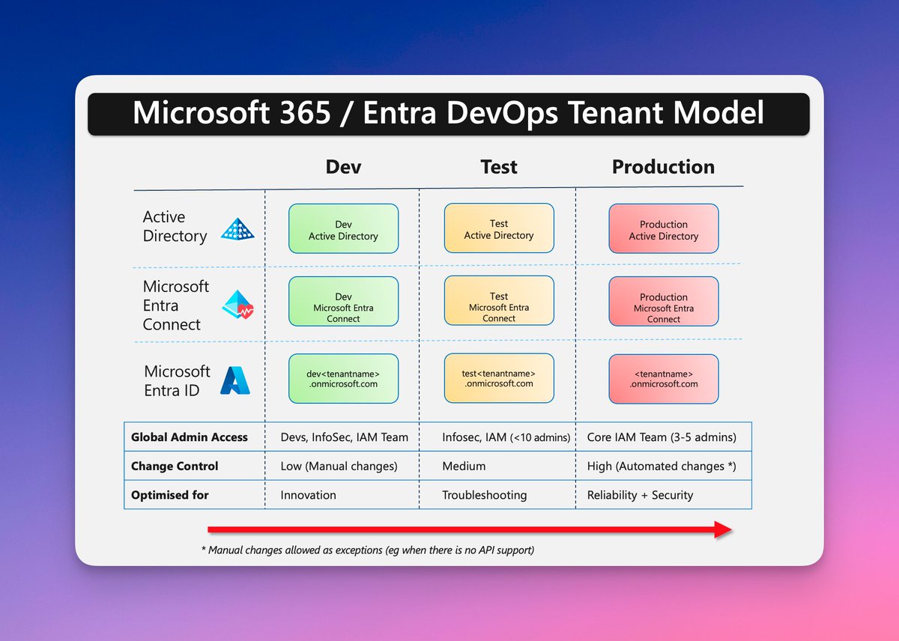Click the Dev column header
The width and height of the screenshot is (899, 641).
(x=343, y=167)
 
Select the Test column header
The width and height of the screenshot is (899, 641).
(x=498, y=167)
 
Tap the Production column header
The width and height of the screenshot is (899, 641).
(x=663, y=167)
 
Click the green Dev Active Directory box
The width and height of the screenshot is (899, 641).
(x=343, y=229)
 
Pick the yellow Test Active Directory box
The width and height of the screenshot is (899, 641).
(x=499, y=228)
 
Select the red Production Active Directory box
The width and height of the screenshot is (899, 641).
(x=663, y=229)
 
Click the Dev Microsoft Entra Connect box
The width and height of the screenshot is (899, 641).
(x=343, y=301)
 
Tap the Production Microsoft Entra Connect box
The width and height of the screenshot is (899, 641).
(x=663, y=301)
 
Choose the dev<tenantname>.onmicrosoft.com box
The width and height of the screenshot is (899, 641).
(x=343, y=378)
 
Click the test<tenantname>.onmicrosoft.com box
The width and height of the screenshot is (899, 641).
(x=499, y=378)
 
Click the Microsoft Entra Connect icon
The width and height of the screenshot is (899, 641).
(x=238, y=305)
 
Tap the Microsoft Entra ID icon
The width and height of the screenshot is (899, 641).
(x=235, y=380)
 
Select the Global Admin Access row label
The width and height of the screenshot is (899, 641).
(x=189, y=437)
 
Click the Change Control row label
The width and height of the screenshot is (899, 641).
(x=175, y=466)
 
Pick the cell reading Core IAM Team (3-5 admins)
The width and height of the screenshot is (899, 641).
(x=662, y=437)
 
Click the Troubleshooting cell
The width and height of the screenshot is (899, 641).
(x=484, y=495)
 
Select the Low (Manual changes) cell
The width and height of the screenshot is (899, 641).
(x=339, y=466)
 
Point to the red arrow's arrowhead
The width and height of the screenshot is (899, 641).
(x=723, y=529)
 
